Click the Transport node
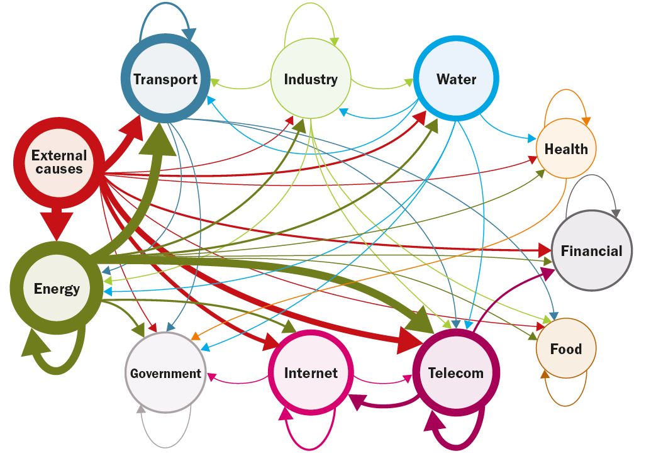tap(165, 79)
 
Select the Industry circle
tap(311, 79)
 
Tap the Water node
tap(456, 79)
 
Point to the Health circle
tap(566, 150)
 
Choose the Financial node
tap(591, 251)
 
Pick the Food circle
tap(565, 349)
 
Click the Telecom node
tap(456, 372)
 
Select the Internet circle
tap(311, 372)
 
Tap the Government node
tap(165, 373)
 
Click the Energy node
tap(57, 288)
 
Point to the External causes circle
tap(59, 162)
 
